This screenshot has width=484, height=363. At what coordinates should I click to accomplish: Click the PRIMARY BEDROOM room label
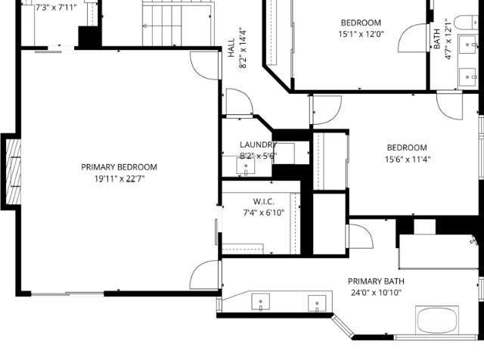tap(119, 167)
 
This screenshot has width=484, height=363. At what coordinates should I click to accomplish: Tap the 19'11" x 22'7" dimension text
tap(119, 178)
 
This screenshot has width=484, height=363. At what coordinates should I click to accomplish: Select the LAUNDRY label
tap(259, 144)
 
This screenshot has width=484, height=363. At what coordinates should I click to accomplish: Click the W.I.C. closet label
tap(264, 202)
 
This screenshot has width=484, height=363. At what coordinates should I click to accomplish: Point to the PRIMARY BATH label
tap(376, 281)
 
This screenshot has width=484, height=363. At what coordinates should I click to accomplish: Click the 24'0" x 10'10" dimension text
tap(376, 293)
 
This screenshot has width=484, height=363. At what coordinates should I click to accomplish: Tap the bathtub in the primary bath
tap(436, 320)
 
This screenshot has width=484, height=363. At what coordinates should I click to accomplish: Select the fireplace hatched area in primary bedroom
tap(14, 172)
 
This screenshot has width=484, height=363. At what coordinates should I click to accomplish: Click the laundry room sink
tap(246, 166)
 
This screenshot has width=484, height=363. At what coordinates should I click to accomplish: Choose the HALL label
tap(231, 48)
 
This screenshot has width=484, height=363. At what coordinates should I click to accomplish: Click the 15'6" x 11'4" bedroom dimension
tap(408, 160)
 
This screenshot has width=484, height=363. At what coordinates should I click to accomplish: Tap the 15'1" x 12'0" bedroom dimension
tap(361, 34)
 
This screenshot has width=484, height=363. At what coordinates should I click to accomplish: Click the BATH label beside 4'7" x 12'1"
tap(437, 39)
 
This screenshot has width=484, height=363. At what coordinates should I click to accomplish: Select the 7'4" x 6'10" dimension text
tap(264, 213)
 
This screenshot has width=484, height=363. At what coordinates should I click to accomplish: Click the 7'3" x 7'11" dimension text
tap(55, 8)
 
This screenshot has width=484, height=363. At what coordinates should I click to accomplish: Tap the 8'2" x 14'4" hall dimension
tap(244, 48)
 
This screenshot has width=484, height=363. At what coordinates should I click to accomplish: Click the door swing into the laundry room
tap(240, 101)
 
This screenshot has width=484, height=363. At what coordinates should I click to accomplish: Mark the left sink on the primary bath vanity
tap(260, 302)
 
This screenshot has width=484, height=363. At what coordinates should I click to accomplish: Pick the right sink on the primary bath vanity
tap(317, 303)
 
